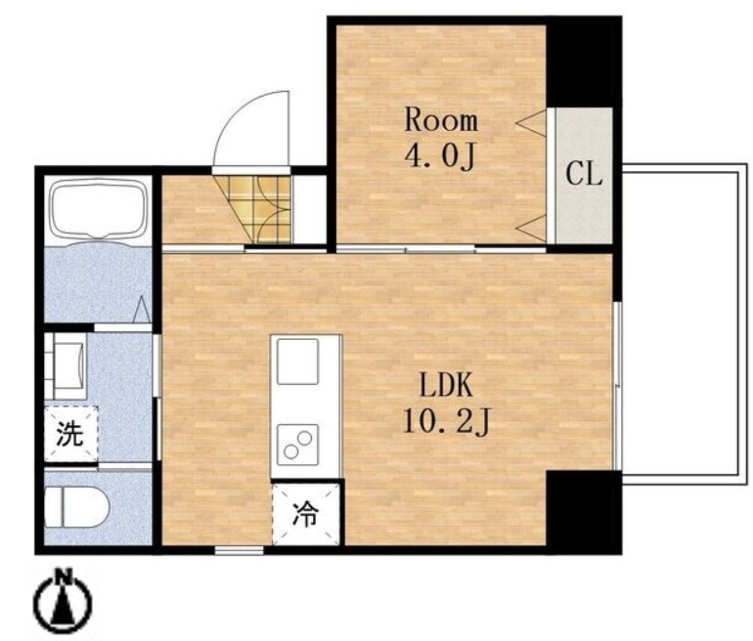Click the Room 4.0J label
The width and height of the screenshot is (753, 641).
(x=441, y=138)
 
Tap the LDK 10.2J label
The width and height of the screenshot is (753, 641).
(x=446, y=403)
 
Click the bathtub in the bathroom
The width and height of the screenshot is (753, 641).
(x=99, y=210)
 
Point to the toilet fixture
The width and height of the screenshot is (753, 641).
(x=77, y=507)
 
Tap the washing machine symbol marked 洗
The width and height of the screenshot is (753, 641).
(x=70, y=434)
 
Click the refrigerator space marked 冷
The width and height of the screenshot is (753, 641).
(x=306, y=514)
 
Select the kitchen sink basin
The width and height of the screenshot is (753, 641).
(x=297, y=362)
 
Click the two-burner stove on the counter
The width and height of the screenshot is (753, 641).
(x=297, y=445)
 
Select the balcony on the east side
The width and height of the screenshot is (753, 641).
(x=685, y=320)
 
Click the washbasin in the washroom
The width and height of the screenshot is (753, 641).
(x=66, y=366)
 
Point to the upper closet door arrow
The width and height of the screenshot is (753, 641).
(x=531, y=123)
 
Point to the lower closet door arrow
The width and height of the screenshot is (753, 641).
(x=531, y=229)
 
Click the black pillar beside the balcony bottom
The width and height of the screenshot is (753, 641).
(x=584, y=512)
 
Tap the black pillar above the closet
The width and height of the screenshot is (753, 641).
(x=584, y=63)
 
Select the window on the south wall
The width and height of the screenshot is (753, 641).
(x=239, y=550)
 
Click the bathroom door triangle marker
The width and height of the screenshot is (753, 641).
(x=141, y=310)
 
